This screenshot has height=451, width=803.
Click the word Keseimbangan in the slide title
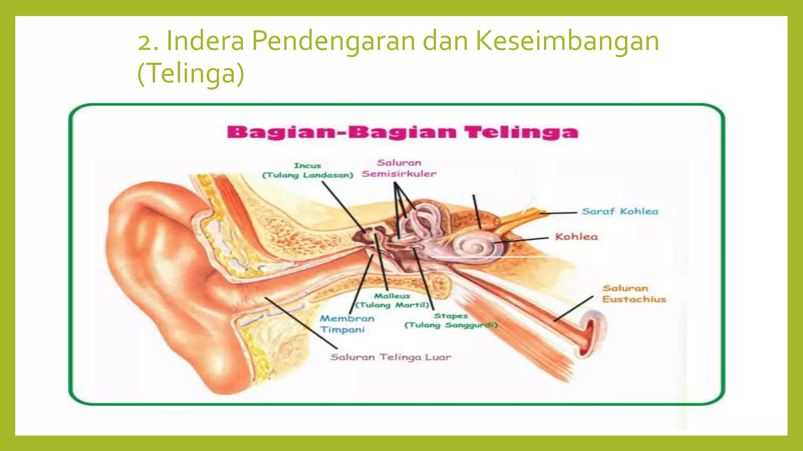pos(567,41)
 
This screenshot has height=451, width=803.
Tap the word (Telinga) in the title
pos(191,73)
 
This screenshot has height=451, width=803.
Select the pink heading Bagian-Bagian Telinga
pos(402,132)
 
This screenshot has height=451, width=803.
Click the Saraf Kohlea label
pos(620,211)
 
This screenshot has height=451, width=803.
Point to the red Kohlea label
pos(576,236)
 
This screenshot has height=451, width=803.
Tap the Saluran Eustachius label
pos(634,294)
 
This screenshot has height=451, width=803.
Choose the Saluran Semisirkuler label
pos(399,168)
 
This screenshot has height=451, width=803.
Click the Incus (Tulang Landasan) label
pos(307,170)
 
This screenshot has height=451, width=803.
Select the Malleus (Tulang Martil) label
pos(392,300)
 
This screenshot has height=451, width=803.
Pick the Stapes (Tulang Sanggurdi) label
pos(451,320)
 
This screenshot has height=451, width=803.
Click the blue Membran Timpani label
pos(346,324)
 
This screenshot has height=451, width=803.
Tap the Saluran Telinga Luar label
pos(391,357)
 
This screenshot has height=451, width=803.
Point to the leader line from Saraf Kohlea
pos(559,213)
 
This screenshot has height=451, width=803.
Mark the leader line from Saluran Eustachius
pos(573,309)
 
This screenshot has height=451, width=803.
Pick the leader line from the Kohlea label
pos(521,240)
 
